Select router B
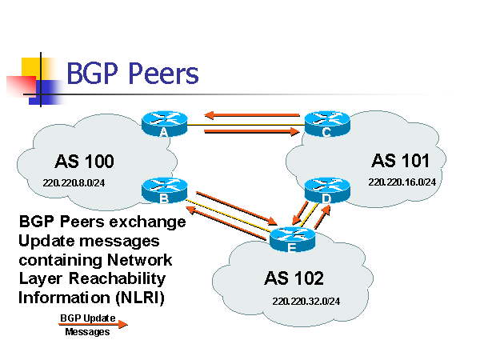pyautogui.click(x=163, y=190)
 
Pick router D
pyautogui.click(x=327, y=190)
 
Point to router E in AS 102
pyautogui.click(x=292, y=238)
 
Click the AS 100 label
pyautogui.click(x=85, y=162)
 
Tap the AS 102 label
pyautogui.click(x=294, y=278)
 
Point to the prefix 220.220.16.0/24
pyautogui.click(x=402, y=182)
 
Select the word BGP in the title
pyautogui.click(x=89, y=74)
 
